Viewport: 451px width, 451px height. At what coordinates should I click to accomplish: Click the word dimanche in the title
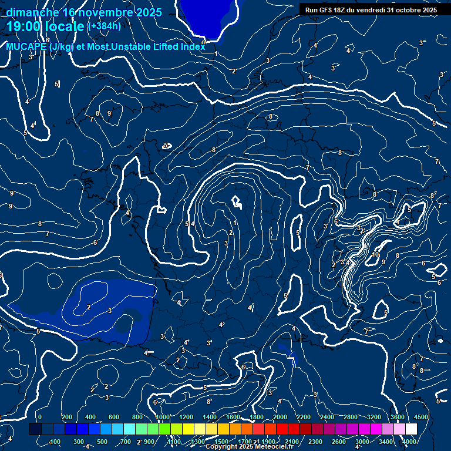click(32, 12)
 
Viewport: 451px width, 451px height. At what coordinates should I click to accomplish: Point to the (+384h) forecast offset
click(105, 26)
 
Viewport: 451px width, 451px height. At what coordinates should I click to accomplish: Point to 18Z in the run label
click(342, 10)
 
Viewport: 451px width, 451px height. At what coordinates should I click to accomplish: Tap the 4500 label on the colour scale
click(420, 417)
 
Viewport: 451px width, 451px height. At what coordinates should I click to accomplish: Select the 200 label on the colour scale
click(67, 417)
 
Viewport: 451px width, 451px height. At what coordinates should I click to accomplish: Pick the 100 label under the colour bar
click(55, 442)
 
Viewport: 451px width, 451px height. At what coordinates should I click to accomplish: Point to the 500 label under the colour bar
click(102, 442)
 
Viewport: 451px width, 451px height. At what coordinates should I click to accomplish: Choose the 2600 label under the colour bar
click(339, 442)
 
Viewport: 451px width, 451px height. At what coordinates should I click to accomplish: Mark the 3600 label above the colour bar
click(397, 417)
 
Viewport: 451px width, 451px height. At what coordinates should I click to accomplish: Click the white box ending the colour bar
click(411, 429)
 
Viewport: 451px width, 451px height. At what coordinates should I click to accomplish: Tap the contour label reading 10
click(376, 254)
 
